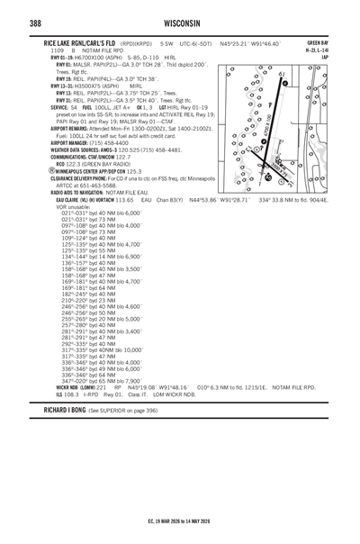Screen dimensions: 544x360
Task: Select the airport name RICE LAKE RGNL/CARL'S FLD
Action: click(x=69, y=42)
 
